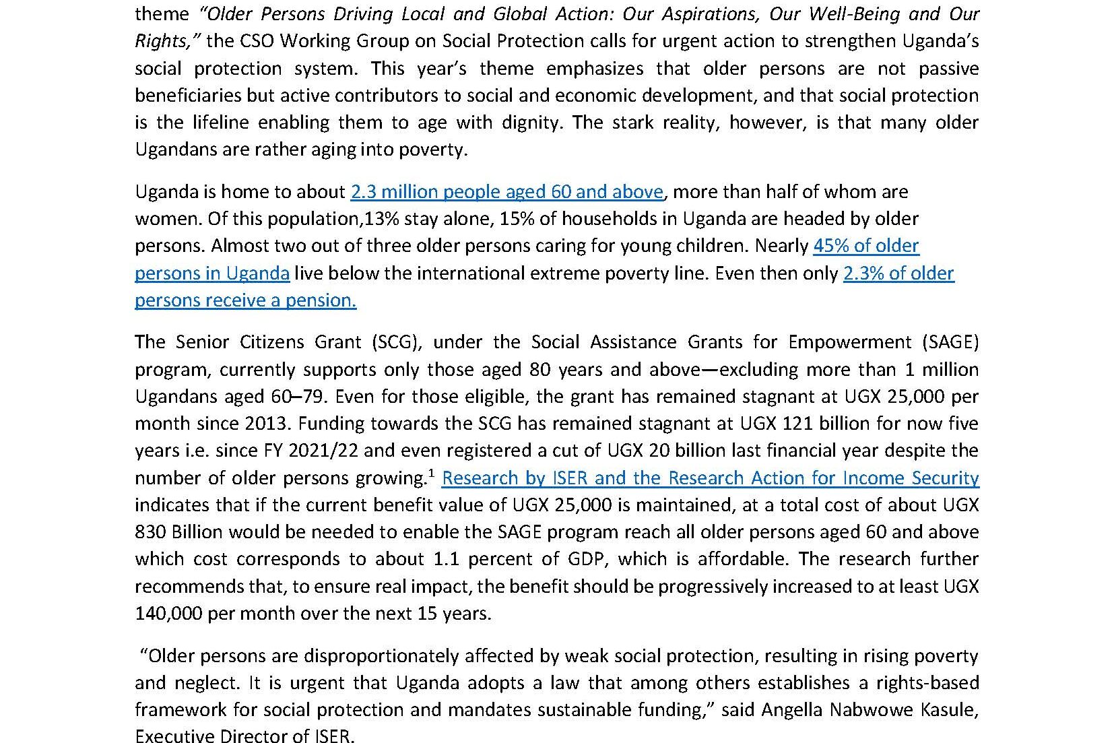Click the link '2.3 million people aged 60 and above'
tap(506, 192)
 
